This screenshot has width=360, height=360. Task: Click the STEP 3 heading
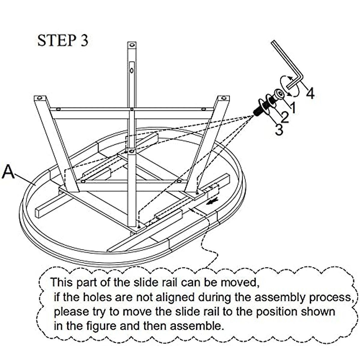pyautogui.click(x=63, y=41)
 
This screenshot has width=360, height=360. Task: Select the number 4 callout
pyautogui.click(x=310, y=93)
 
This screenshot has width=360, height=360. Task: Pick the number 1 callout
pyautogui.click(x=292, y=107)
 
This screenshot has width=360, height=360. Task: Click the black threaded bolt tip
pyautogui.click(x=257, y=111)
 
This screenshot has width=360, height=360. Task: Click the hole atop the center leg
pyautogui.click(x=131, y=45)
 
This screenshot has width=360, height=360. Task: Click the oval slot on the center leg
pyautogui.click(x=131, y=70)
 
